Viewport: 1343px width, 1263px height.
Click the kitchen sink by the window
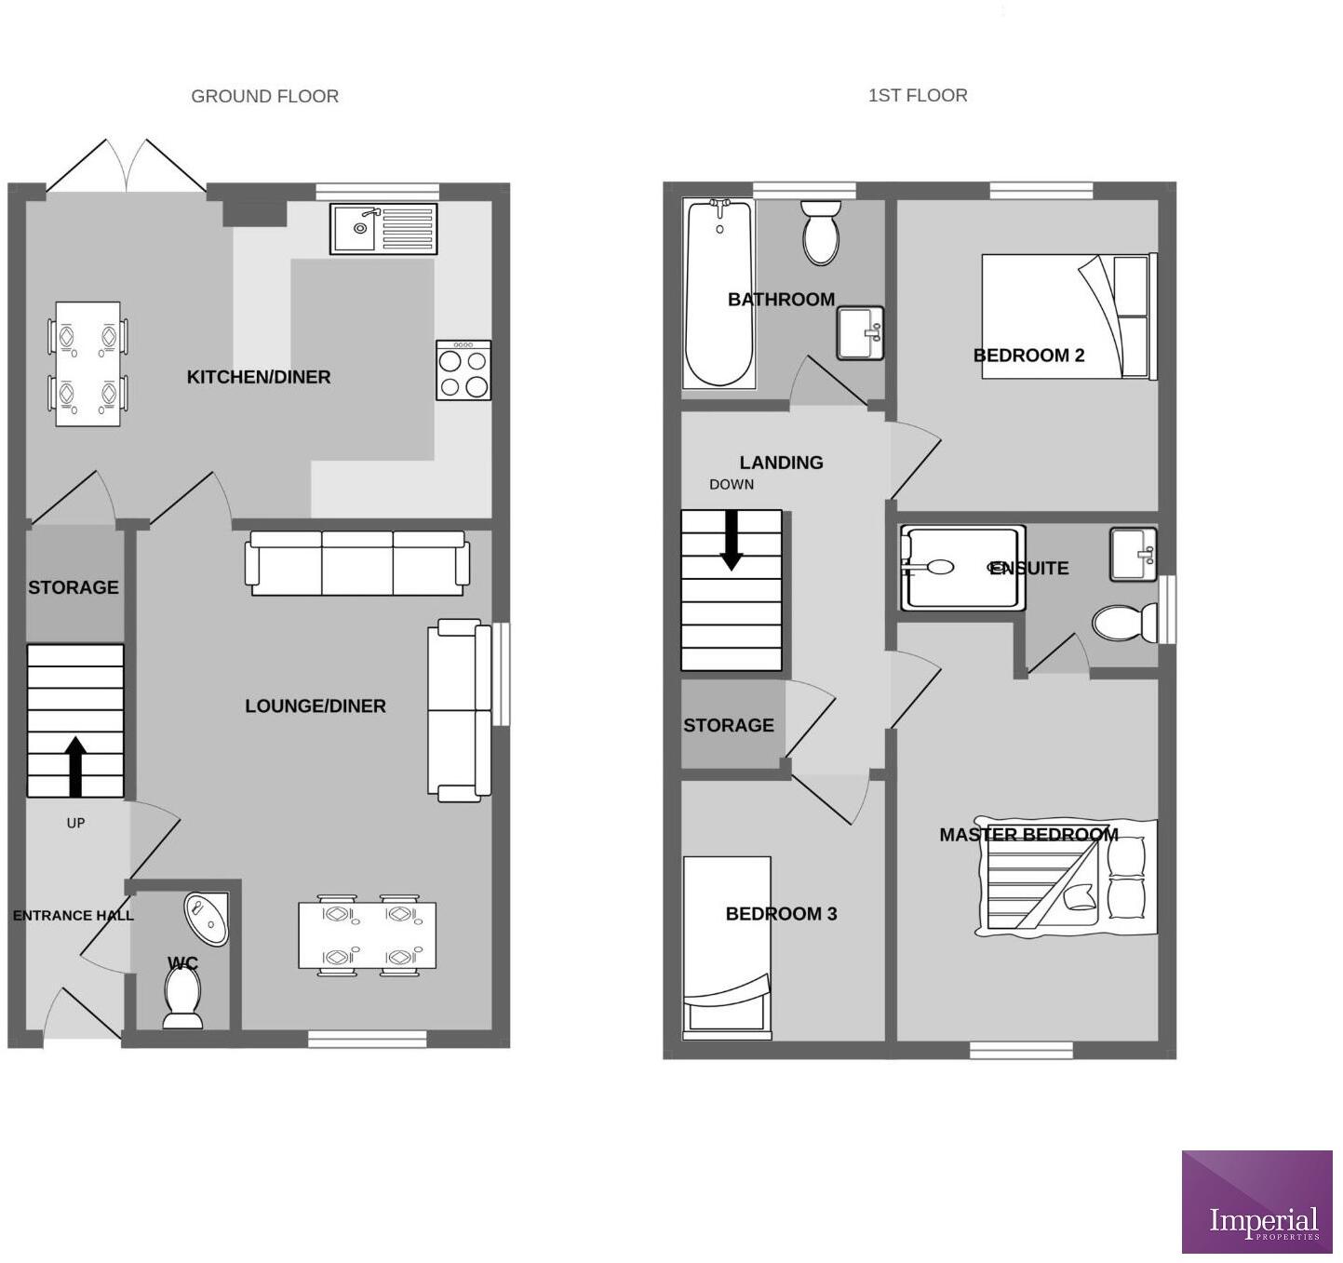383,228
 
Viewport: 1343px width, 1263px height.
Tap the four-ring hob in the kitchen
463,370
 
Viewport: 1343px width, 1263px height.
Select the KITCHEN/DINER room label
259,377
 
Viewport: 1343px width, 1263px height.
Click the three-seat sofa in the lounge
356,563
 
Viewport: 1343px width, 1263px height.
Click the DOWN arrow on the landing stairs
732,540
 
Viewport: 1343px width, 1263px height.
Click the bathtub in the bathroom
718,293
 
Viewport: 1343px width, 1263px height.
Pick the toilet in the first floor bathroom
821,233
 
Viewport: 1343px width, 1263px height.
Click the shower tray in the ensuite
962,568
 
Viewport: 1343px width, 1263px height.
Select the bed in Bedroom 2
1068,316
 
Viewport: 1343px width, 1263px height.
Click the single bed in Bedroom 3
727,947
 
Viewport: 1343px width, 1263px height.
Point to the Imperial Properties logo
1256,1202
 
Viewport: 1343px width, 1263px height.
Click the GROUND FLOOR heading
264,96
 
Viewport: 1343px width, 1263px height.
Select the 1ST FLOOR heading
917,95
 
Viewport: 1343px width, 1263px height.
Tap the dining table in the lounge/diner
367,935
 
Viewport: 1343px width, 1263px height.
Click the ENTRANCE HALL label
74,916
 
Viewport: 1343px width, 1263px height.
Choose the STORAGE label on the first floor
728,725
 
